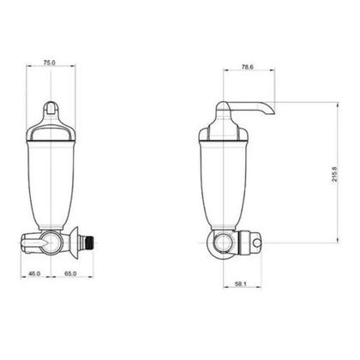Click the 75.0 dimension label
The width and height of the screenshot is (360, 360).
click(x=49, y=63)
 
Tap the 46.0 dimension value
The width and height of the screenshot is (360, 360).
click(x=34, y=273)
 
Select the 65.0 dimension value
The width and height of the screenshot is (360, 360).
click(x=70, y=273)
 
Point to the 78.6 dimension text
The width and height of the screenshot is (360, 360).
click(x=248, y=67)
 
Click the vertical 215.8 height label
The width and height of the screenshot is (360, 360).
click(x=335, y=175)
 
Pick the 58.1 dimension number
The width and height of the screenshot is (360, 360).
click(x=240, y=284)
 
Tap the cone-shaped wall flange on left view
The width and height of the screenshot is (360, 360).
click(x=75, y=243)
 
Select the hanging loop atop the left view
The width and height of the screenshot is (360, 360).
click(x=51, y=108)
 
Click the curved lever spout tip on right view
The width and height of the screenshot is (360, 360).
click(x=271, y=111)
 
